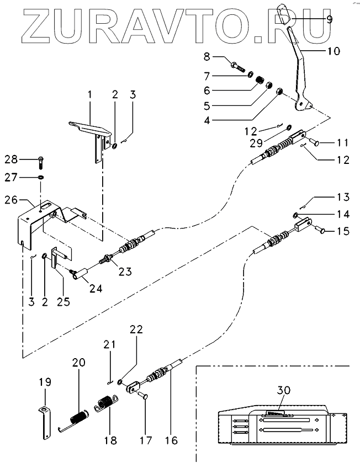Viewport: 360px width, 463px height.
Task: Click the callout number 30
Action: pos(283,390)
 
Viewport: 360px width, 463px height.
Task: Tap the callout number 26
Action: pos(11,200)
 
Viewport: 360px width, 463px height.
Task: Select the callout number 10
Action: pos(333,51)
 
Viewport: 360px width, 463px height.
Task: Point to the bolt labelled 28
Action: pos(40,163)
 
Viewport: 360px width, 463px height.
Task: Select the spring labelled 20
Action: pos(73,419)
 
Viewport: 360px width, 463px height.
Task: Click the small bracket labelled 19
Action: pos(45,423)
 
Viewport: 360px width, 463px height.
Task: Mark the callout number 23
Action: pos(125,271)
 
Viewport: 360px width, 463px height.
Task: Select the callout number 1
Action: pos(90,95)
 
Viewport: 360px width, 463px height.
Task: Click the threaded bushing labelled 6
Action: pos(260,80)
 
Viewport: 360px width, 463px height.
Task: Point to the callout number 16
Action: pos(171,440)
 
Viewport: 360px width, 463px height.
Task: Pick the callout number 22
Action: pos(136,329)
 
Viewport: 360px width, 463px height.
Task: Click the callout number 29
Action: pos(256,143)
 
